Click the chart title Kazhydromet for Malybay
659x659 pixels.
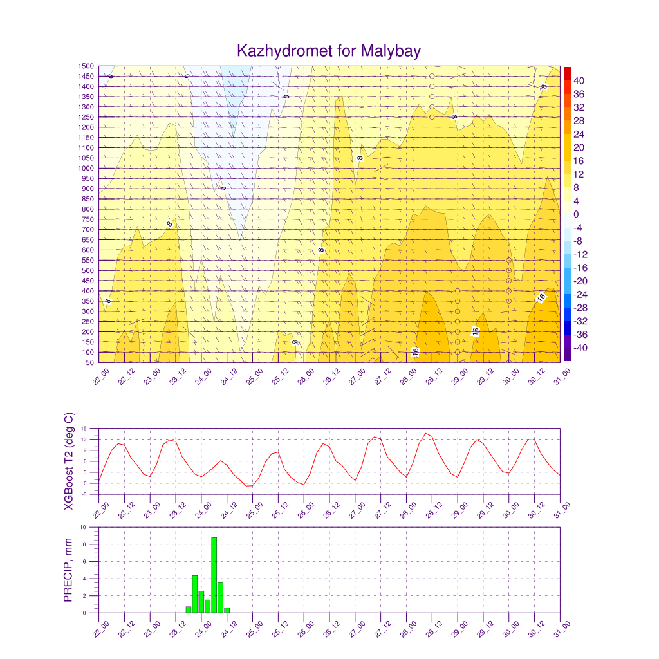[x=329, y=51]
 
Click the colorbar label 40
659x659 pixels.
[x=579, y=80]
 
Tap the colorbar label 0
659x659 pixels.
[x=576, y=214]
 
